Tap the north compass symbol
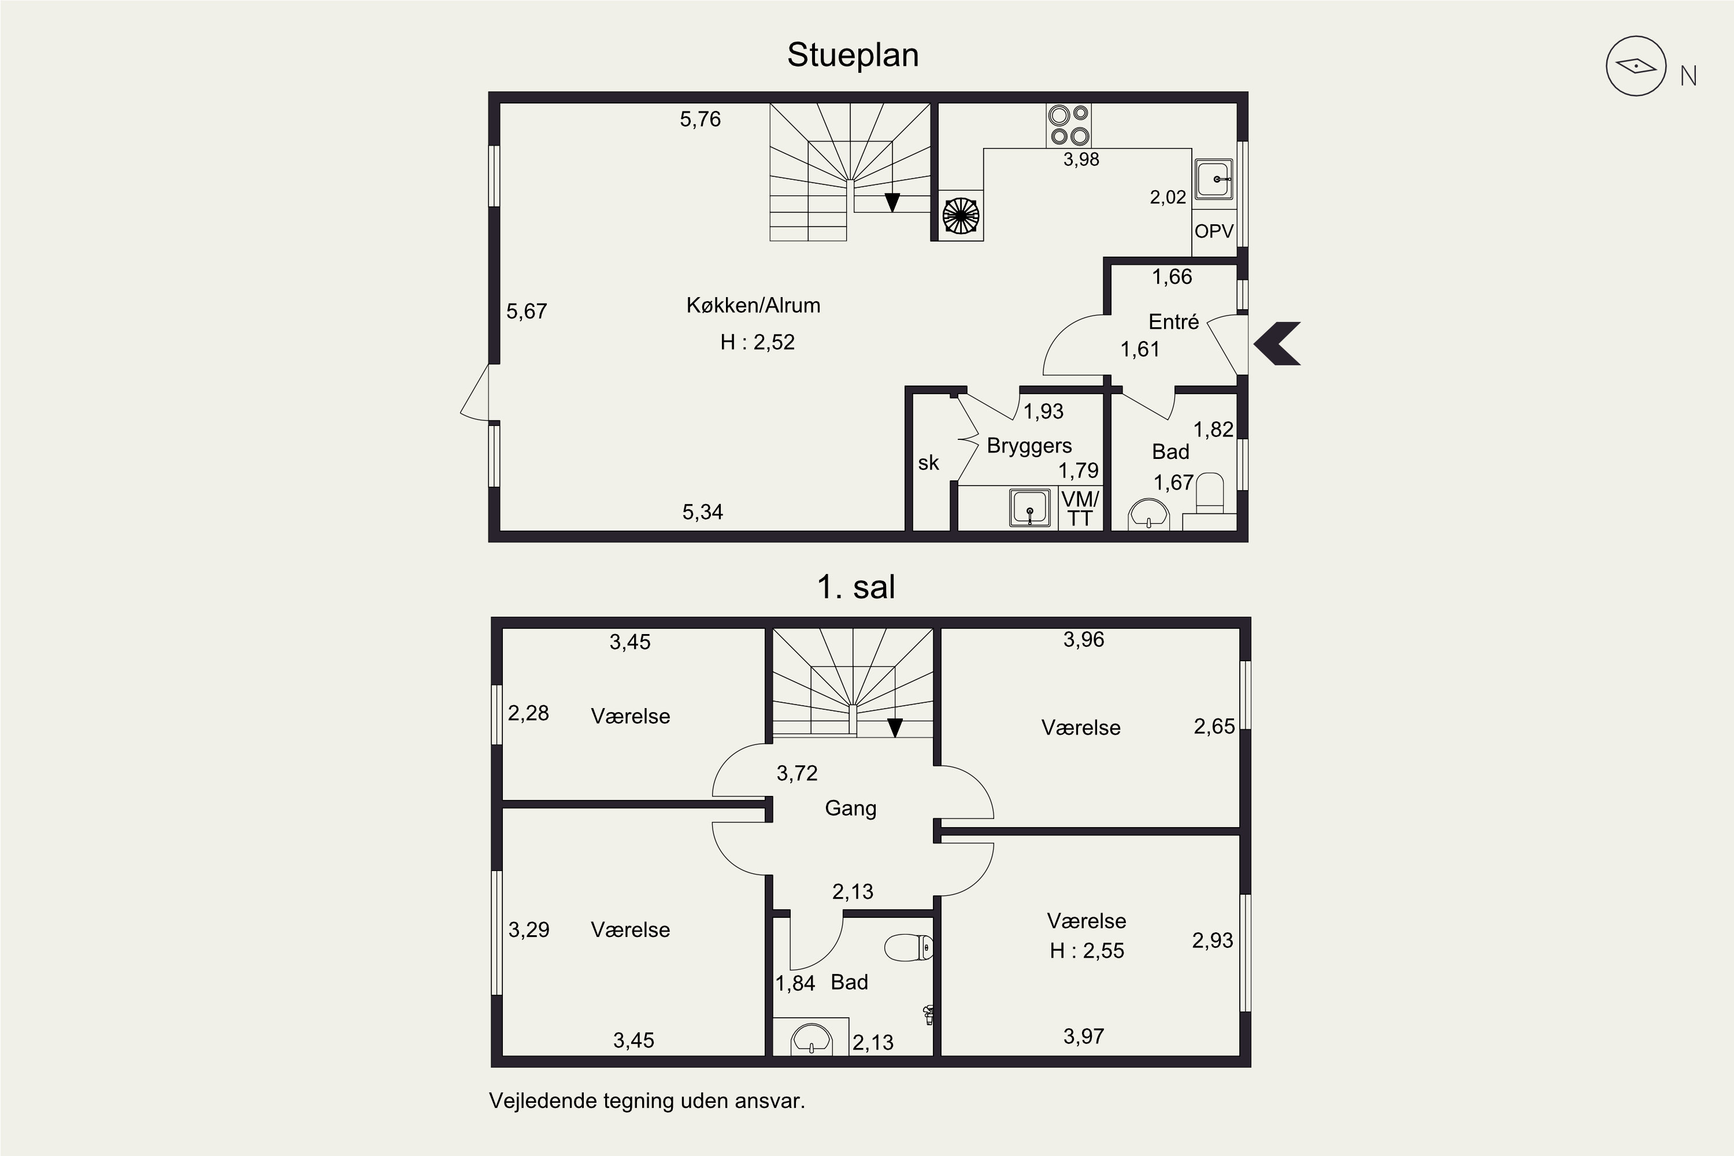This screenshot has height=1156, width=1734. point(1636,66)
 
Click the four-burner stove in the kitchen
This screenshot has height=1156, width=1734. point(1068,125)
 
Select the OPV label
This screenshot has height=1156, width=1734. point(1213,231)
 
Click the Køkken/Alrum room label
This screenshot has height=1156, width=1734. point(753,305)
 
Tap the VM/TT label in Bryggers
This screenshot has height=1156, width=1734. point(1080,509)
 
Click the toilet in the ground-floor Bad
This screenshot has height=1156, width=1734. point(1210,494)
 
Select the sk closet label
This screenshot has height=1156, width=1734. point(928,463)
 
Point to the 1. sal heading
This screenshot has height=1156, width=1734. point(856,587)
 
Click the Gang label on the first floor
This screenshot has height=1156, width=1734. point(851,808)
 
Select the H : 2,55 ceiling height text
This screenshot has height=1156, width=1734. point(1087,951)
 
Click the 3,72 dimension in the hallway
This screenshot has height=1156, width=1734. point(797,773)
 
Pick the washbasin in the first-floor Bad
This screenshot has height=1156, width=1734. point(811,1039)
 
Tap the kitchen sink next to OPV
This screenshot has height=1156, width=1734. point(1213,179)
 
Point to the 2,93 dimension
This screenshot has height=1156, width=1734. point(1213,941)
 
